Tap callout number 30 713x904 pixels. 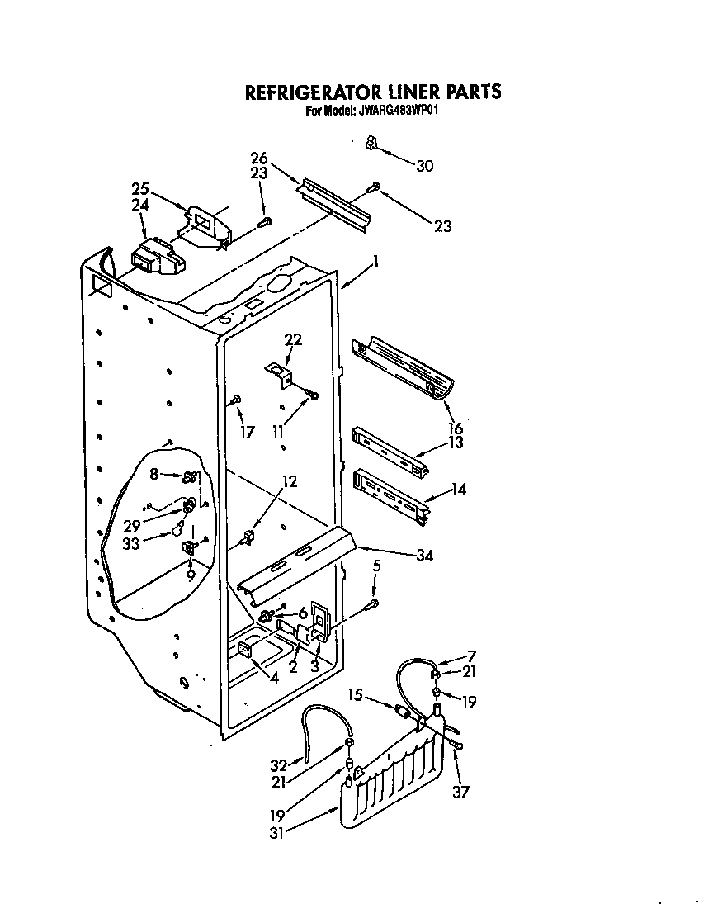pos(425,166)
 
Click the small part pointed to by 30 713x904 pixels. pos(372,144)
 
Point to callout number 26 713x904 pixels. pos(259,158)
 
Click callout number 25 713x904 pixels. pos(140,188)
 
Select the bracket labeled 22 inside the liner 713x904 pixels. pos(278,372)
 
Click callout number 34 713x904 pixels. pos(424,556)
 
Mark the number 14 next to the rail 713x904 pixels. pos(459,489)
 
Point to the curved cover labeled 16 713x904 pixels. pos(404,364)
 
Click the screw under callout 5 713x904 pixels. pos(371,605)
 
